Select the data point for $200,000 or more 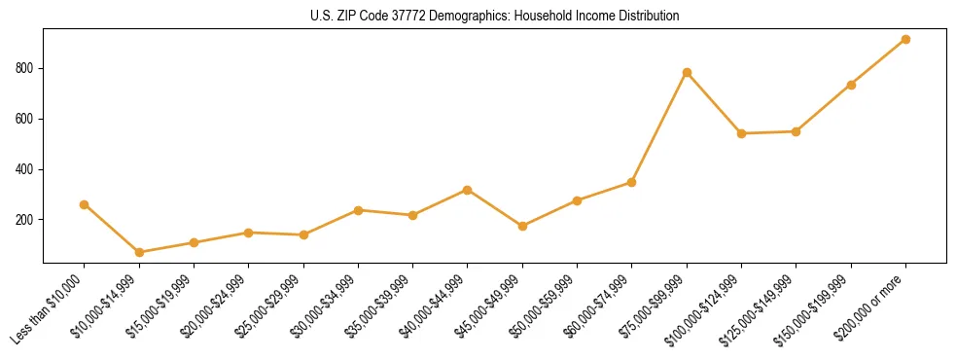tap(905, 39)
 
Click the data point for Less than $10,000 tap(85, 204)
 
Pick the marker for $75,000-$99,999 tap(687, 72)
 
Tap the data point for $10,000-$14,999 tap(139, 252)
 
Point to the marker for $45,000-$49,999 tap(522, 226)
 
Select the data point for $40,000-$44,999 tap(468, 190)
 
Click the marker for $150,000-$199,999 tap(851, 85)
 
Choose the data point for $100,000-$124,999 tap(741, 133)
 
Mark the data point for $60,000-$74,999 tap(632, 182)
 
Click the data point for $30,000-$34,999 tap(358, 210)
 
